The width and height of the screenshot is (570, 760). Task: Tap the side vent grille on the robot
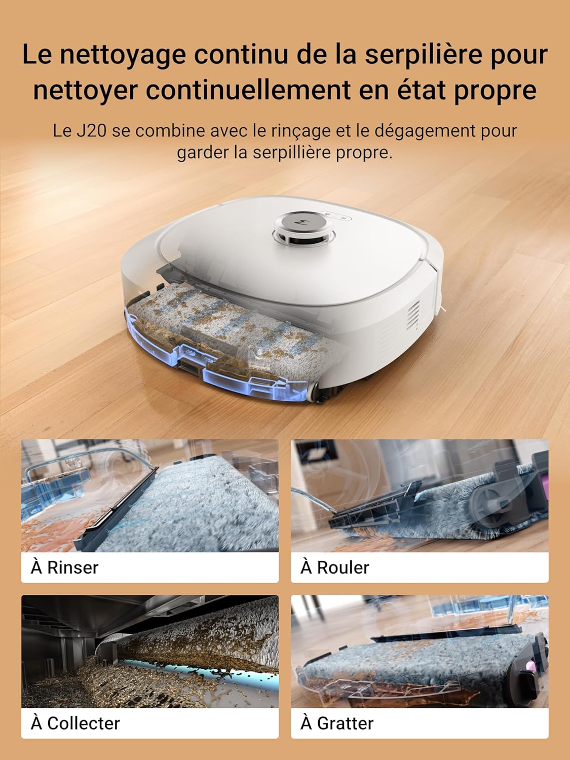(414, 316)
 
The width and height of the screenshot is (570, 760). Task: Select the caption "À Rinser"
(65, 567)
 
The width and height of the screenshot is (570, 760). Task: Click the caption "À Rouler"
(335, 567)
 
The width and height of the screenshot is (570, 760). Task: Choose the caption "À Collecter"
(75, 723)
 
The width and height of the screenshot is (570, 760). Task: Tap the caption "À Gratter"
(337, 723)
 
